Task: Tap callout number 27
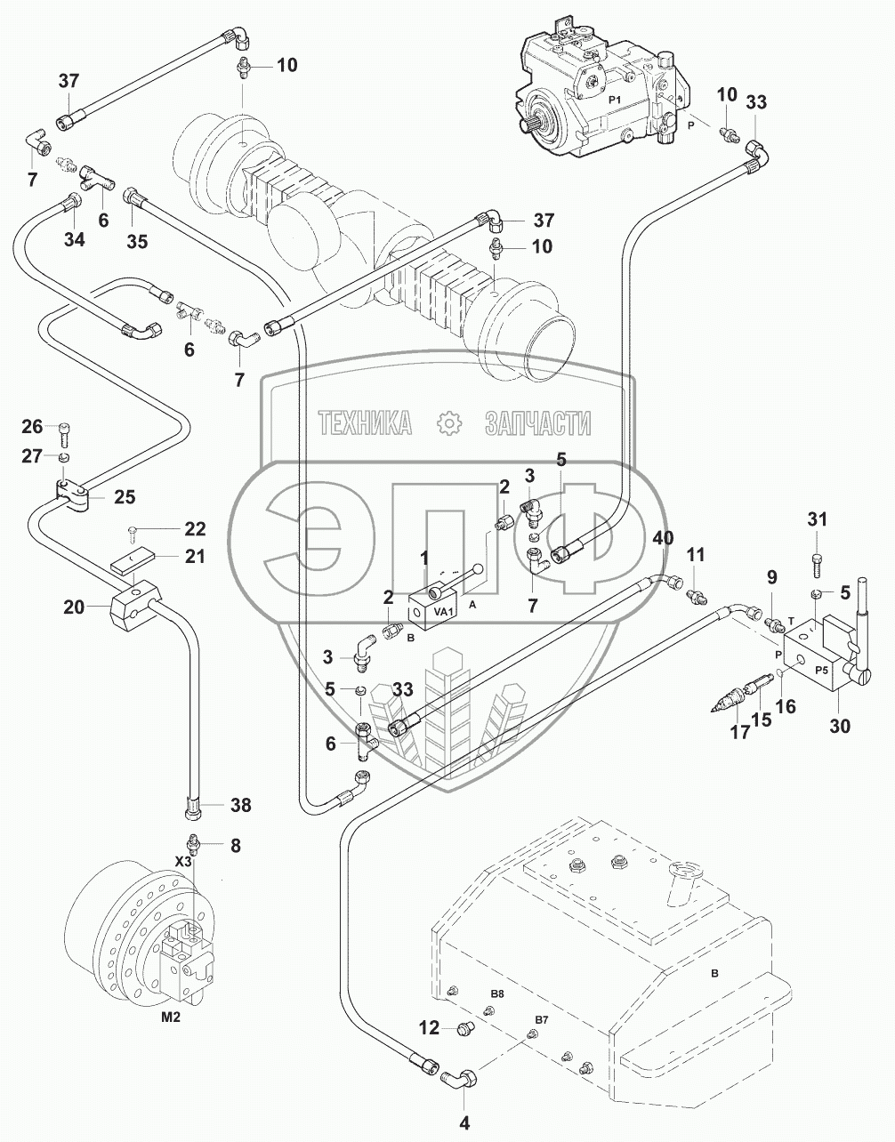(x=33, y=456)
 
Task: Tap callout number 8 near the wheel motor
(x=235, y=846)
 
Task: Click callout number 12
(x=429, y=1029)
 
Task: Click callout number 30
(x=839, y=726)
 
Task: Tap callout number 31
(x=817, y=519)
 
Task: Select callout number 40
(x=663, y=538)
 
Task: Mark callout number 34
(x=74, y=239)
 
